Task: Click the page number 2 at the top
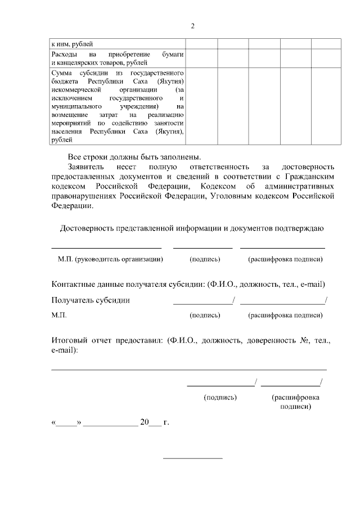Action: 192,26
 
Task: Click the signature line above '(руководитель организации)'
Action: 106,247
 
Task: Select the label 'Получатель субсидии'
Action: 90,300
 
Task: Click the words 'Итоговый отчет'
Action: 81,341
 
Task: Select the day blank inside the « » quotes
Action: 67,423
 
